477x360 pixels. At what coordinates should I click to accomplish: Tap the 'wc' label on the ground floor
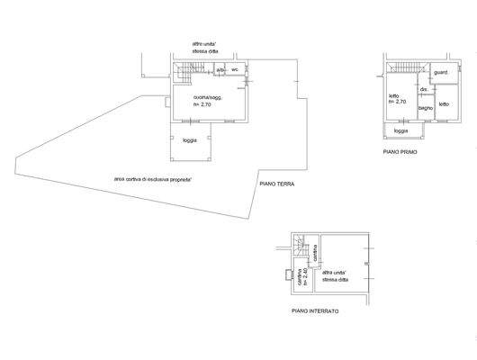pos(235,69)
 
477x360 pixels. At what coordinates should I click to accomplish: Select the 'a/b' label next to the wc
pos(220,69)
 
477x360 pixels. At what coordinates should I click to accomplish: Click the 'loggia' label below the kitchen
pos(190,140)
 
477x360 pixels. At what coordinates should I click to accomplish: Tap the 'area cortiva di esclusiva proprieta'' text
pos(158,179)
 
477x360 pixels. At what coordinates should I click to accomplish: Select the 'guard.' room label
pos(440,72)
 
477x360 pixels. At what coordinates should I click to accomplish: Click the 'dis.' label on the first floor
pos(423,89)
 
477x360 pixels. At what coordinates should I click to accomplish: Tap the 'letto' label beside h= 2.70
pos(394,95)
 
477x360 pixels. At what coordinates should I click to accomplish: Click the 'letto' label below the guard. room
pos(444,104)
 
